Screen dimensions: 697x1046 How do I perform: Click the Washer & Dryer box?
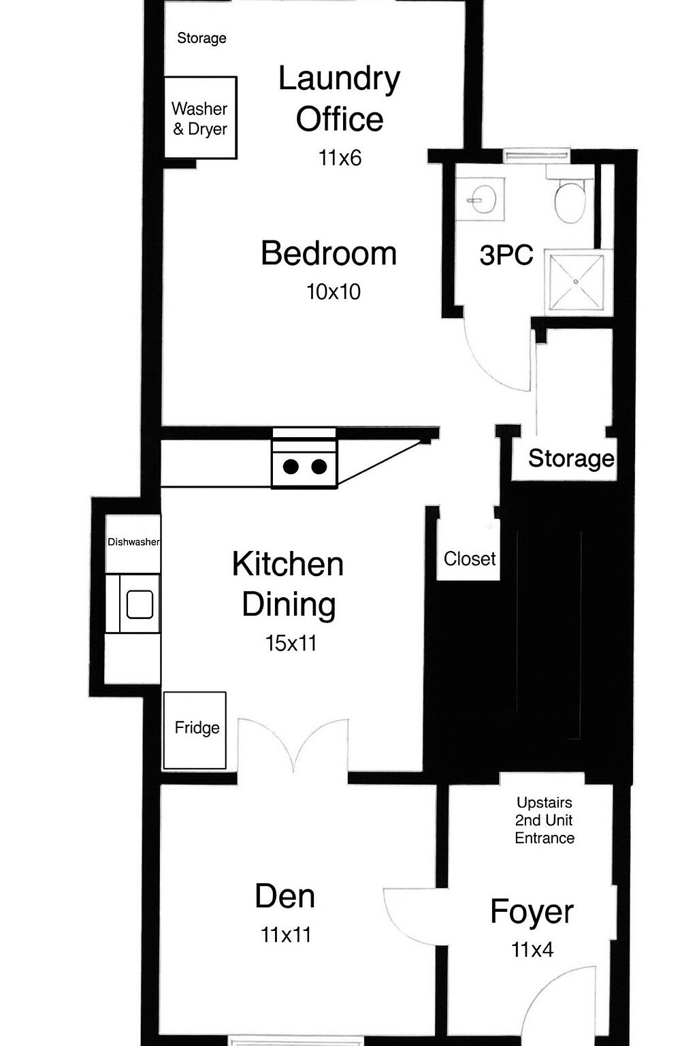click(x=201, y=118)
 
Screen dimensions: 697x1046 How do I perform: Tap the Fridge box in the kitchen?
click(x=195, y=730)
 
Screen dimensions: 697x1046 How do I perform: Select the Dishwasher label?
click(x=133, y=541)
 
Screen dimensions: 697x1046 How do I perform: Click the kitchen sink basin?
click(x=140, y=604)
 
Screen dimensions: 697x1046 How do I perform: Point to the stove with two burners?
click(x=304, y=458)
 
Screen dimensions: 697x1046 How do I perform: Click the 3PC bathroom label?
click(x=506, y=255)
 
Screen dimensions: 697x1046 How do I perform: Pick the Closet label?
click(x=470, y=558)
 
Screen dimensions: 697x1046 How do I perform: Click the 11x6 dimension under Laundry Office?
click(x=340, y=158)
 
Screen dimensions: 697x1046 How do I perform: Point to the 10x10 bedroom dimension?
click(x=334, y=292)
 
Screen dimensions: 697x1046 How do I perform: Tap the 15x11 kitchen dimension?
click(x=291, y=643)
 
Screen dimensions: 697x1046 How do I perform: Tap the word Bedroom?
click(x=329, y=253)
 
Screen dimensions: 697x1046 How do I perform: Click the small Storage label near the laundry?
click(x=201, y=38)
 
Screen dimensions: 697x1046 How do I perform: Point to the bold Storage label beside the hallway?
click(x=571, y=458)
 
